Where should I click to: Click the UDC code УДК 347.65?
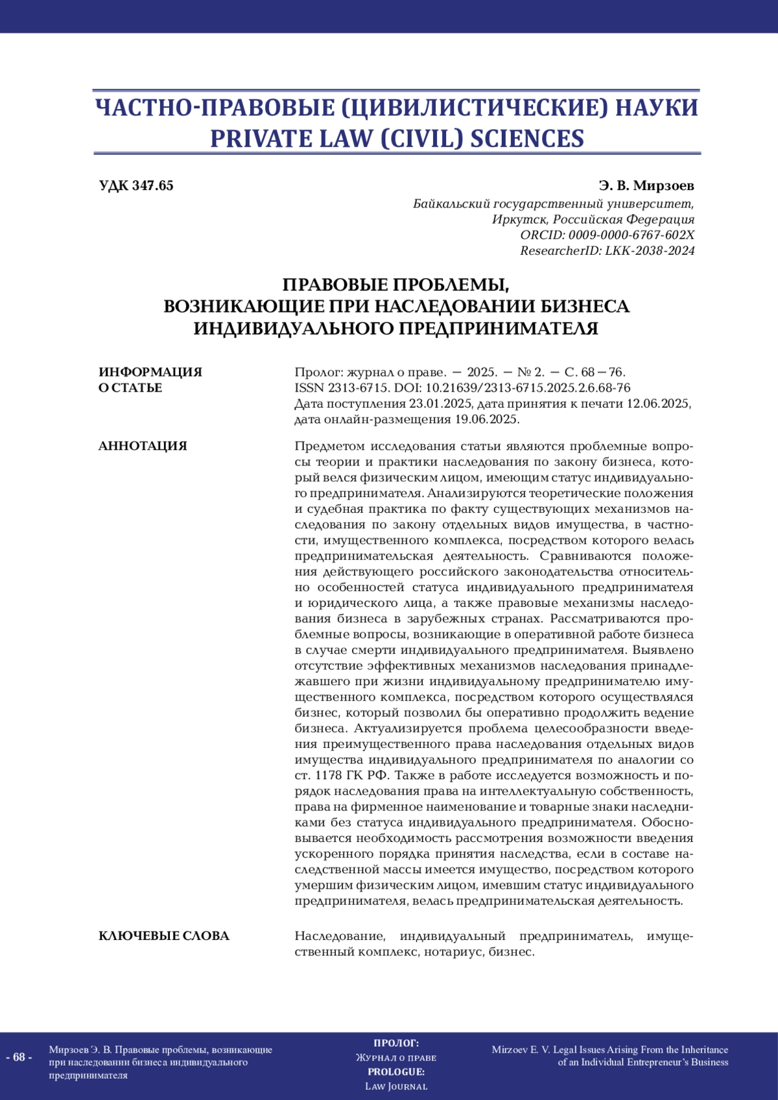[x=136, y=186]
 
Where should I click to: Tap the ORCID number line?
[x=607, y=235]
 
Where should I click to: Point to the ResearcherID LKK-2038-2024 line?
[x=607, y=251]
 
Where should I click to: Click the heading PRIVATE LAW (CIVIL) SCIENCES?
[x=397, y=139]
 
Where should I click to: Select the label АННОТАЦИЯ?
[x=143, y=446]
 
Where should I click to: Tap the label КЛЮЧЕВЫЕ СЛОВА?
[x=164, y=936]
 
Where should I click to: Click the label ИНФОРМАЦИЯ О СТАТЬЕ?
[x=150, y=380]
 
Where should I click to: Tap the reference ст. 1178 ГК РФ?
[x=342, y=775]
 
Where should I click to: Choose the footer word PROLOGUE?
[x=396, y=1071]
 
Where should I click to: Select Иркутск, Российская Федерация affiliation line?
[x=593, y=220]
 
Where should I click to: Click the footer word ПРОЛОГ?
[x=396, y=1043]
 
